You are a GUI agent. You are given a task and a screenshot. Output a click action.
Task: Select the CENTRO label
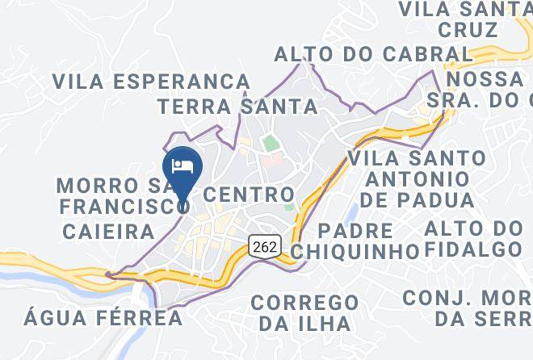coord(248,195)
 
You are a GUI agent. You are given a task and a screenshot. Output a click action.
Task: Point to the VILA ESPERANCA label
coord(152,82)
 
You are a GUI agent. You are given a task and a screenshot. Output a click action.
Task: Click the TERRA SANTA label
coord(237,106)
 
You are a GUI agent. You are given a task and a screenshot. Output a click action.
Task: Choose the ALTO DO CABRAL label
coord(373,54)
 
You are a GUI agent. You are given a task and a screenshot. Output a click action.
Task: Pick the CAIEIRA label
coord(108,232)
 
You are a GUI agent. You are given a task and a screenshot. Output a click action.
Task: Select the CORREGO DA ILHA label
coord(304,312)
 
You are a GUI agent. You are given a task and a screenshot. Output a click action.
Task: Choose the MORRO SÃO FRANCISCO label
coord(121,196)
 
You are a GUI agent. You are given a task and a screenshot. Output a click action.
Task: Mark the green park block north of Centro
coord(269,144)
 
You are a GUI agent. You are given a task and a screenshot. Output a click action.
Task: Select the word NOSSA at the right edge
coord(485,80)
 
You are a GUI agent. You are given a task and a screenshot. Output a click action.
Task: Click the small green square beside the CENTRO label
coord(289,208)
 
